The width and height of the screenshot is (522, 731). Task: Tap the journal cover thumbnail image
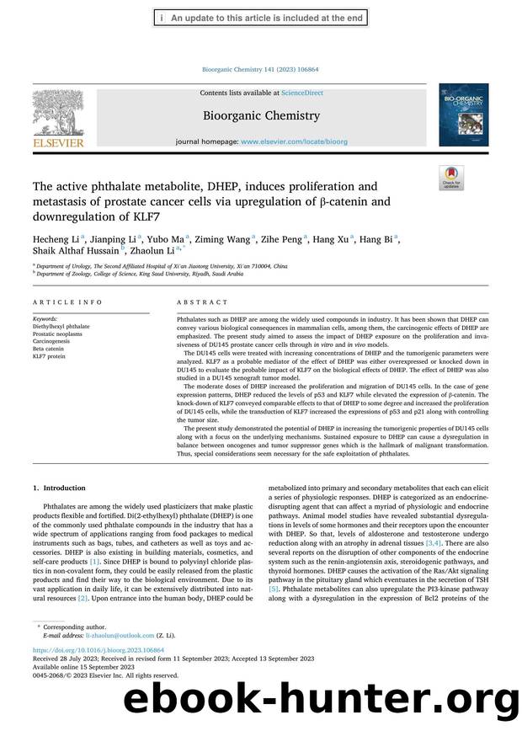pyautogui.click(x=463, y=120)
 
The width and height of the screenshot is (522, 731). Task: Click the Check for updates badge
pyautogui.click(x=451, y=178)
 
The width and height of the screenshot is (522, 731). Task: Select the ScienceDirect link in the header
pyautogui.click(x=301, y=93)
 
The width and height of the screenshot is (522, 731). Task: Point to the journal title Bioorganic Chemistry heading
pyautogui.click(x=261, y=115)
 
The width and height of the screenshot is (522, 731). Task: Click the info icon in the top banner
pyautogui.click(x=161, y=18)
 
